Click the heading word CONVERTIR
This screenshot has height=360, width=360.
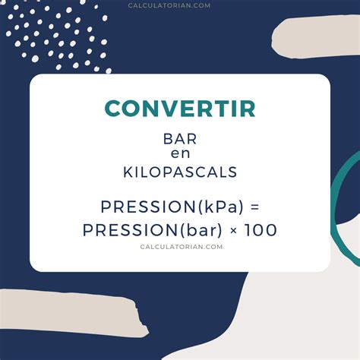[x=180, y=109]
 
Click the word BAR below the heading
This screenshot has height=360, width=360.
[x=180, y=139]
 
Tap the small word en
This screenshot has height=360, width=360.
[x=180, y=154]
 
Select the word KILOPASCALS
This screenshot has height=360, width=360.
[x=180, y=172]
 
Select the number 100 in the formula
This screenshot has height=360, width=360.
[x=261, y=229]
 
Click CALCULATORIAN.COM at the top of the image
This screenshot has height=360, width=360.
[x=180, y=5]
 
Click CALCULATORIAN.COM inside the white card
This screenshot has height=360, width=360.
[x=180, y=246]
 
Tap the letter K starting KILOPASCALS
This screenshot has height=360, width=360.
[x=128, y=172]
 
